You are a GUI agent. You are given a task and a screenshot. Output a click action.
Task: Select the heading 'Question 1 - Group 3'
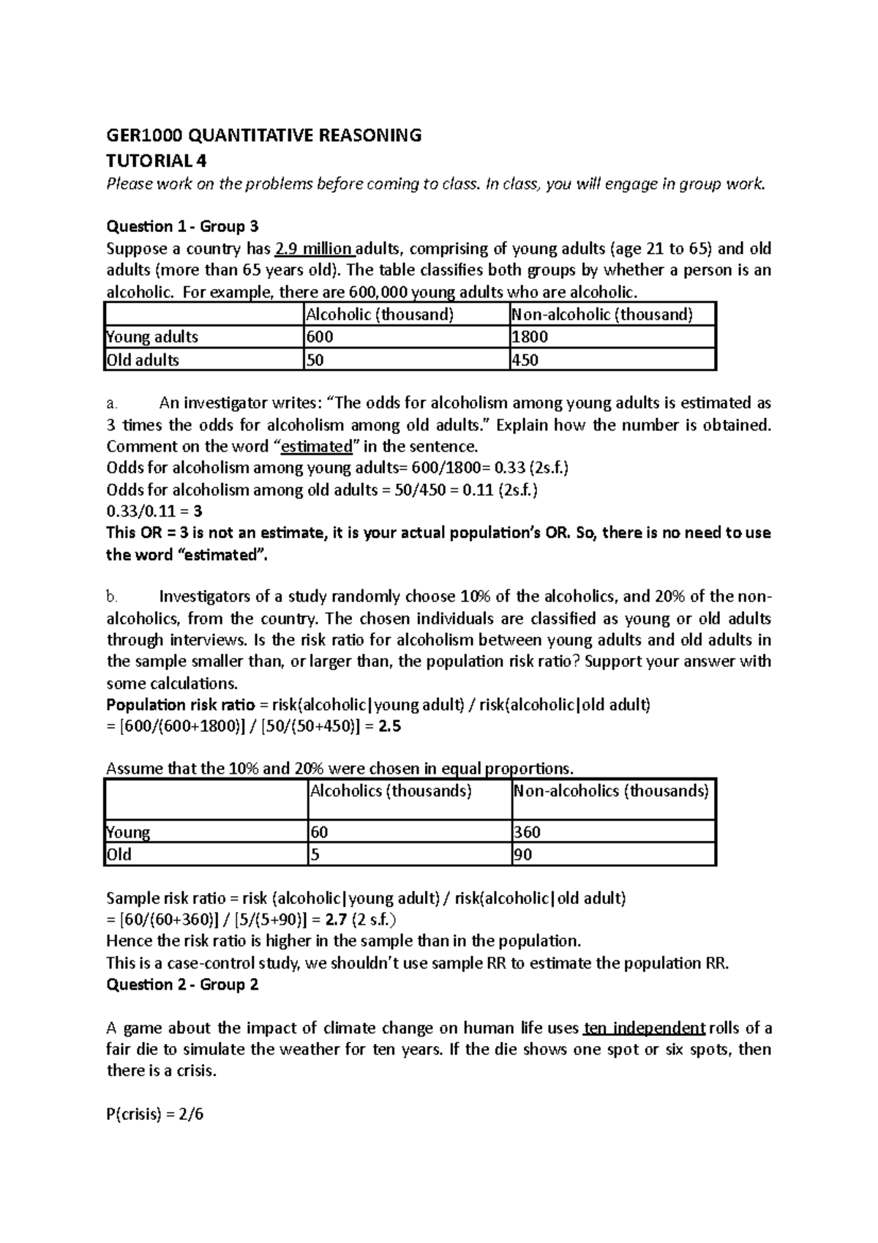pos(182,225)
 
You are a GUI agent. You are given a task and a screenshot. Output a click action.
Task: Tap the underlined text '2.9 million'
pos(312,248)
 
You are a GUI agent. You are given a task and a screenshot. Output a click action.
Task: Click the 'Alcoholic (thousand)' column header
pos(379,315)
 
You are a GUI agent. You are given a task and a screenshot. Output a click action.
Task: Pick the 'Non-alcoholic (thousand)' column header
pos(602,315)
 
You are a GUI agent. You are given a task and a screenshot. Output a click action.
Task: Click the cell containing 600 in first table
pos(320,337)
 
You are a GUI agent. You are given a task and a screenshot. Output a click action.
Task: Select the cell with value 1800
pos(530,337)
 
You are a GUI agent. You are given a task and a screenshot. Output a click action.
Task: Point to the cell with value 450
pos(525,359)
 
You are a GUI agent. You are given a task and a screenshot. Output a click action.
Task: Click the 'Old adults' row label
pos(143,359)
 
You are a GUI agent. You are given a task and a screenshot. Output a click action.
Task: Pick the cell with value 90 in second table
pos(522,854)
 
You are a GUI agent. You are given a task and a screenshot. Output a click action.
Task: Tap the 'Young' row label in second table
pos(128,832)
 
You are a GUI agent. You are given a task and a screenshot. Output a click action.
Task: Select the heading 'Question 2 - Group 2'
pos(182,985)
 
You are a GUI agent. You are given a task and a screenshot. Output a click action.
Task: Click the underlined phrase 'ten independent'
pos(644,1028)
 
